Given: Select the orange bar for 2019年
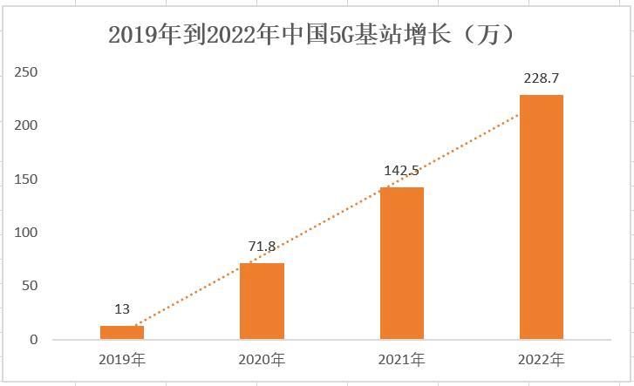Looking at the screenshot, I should click(x=122, y=332).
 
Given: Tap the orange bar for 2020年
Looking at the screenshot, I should click(x=262, y=301).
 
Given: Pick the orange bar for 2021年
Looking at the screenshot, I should click(x=402, y=263).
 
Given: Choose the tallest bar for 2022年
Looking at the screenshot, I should click(x=542, y=217).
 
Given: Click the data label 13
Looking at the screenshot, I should click(x=122, y=309).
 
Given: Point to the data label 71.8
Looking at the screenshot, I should click(x=262, y=247).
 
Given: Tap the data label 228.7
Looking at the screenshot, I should click(x=542, y=79).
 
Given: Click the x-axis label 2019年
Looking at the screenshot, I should click(x=122, y=359).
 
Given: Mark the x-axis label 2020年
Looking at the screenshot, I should click(x=262, y=359).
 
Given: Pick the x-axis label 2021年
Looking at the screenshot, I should click(x=402, y=359).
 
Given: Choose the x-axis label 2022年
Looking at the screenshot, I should click(x=542, y=359).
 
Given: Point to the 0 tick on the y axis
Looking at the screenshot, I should click(x=33, y=340).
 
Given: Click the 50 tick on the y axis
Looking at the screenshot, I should click(x=29, y=286).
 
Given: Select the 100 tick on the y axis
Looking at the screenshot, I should click(x=26, y=233).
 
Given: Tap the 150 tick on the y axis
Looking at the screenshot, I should click(x=26, y=179).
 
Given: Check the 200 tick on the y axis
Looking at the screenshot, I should click(x=26, y=125).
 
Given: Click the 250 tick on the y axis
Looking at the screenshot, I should click(x=26, y=72).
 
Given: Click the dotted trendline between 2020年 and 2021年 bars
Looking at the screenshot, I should click(x=331, y=220).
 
